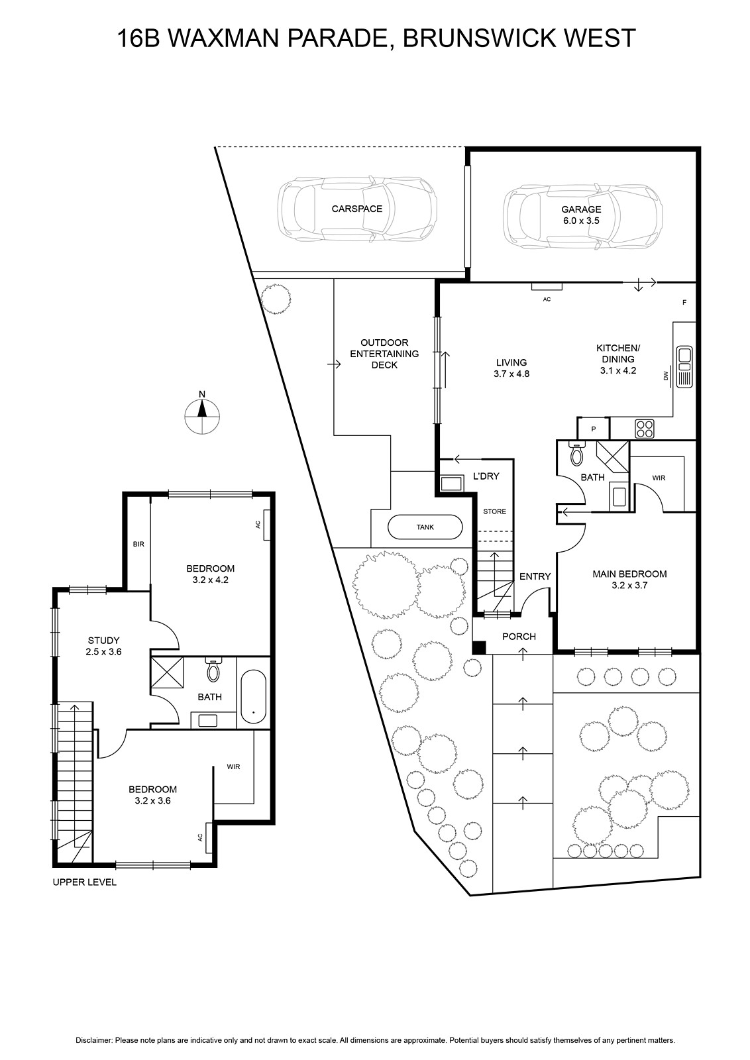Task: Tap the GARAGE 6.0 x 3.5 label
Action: pyautogui.click(x=581, y=215)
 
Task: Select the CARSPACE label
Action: pyautogui.click(x=357, y=209)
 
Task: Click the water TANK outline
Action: pyautogui.click(x=425, y=527)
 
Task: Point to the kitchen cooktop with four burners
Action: pyautogui.click(x=645, y=429)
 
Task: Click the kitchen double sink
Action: pyautogui.click(x=684, y=367)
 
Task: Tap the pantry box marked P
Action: pyautogui.click(x=594, y=429)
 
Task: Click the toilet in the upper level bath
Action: pyautogui.click(x=213, y=670)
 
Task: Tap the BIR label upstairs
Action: pyautogui.click(x=138, y=544)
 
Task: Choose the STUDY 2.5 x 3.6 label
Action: pyautogui.click(x=103, y=646)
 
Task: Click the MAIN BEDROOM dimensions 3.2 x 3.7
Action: pyautogui.click(x=629, y=585)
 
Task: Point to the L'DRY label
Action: pyautogui.click(x=486, y=476)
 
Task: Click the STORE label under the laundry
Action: pyautogui.click(x=494, y=511)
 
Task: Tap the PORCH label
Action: pyautogui.click(x=519, y=637)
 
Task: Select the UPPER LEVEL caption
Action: pyautogui.click(x=84, y=882)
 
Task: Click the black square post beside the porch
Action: pyautogui.click(x=479, y=647)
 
